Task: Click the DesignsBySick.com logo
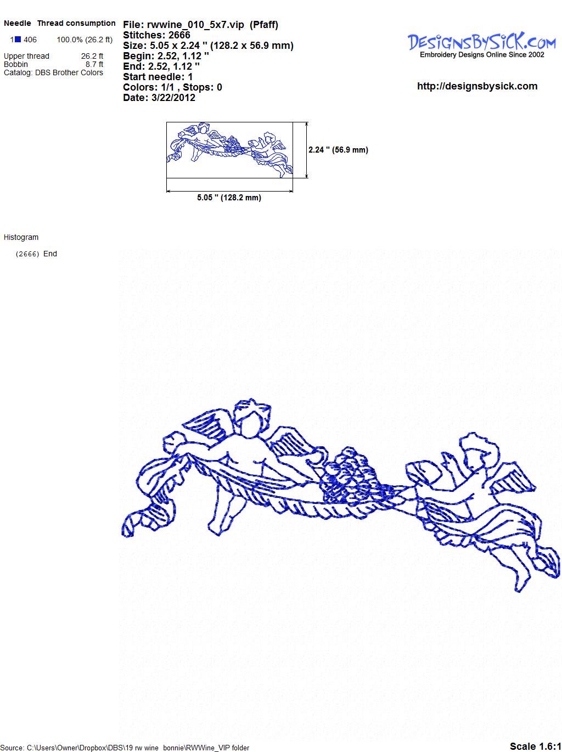(481, 45)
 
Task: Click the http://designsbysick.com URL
(477, 86)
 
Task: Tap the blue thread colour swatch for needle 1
(18, 40)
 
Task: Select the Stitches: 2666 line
(156, 35)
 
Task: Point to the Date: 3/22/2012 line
(159, 98)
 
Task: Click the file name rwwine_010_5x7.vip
(195, 25)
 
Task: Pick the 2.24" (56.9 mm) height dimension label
(338, 150)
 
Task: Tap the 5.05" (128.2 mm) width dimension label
(229, 198)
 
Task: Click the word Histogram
(21, 237)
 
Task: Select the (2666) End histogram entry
(36, 254)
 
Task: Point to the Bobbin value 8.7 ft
(94, 64)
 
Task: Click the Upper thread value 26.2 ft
(92, 56)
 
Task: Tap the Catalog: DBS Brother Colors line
(53, 72)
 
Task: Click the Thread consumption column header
(76, 23)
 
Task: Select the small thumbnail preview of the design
(229, 150)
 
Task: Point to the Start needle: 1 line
(158, 77)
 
